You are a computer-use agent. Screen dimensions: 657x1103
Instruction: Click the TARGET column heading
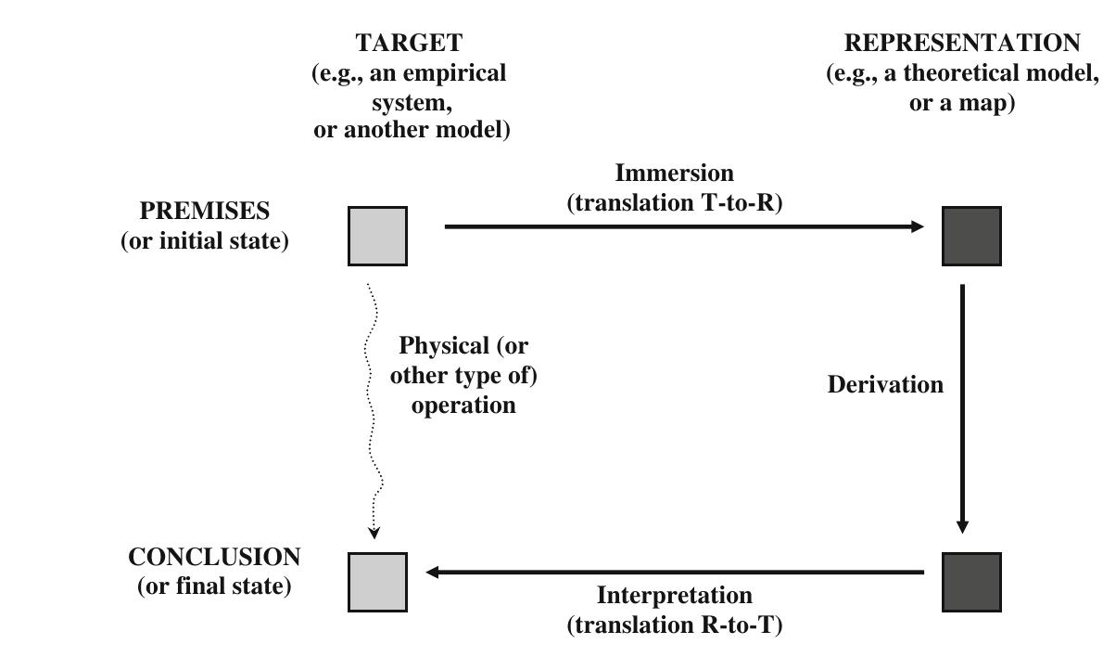[408, 43]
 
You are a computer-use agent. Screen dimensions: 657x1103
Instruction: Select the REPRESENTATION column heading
[962, 43]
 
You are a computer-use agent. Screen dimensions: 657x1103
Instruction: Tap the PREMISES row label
[204, 211]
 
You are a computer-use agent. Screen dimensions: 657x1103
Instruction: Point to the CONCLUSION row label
[214, 557]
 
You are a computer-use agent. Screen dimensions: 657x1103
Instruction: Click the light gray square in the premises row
[377, 237]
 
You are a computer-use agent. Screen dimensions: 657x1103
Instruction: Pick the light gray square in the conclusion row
[377, 582]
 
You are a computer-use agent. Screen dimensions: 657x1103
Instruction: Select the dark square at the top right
[971, 237]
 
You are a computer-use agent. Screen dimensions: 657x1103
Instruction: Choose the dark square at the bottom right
[971, 582]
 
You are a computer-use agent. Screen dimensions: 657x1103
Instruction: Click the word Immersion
[674, 174]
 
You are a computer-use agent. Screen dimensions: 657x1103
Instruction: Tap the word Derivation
[885, 384]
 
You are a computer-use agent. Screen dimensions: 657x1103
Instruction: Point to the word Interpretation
[674, 595]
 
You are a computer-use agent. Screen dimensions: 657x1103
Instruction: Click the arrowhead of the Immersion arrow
[918, 226]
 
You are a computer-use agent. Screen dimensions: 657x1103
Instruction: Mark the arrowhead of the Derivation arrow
[962, 526]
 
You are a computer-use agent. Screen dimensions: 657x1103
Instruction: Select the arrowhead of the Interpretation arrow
[433, 573]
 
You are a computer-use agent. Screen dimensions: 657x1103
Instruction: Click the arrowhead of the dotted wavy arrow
[374, 533]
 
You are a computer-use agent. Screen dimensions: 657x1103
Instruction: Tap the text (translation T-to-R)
[675, 203]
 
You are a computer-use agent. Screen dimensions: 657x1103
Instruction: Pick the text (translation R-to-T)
[675, 625]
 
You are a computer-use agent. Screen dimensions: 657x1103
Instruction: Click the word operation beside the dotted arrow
[463, 406]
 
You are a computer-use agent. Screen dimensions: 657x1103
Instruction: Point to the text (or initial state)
[204, 241]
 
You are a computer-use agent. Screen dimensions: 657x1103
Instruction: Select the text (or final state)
[214, 586]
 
